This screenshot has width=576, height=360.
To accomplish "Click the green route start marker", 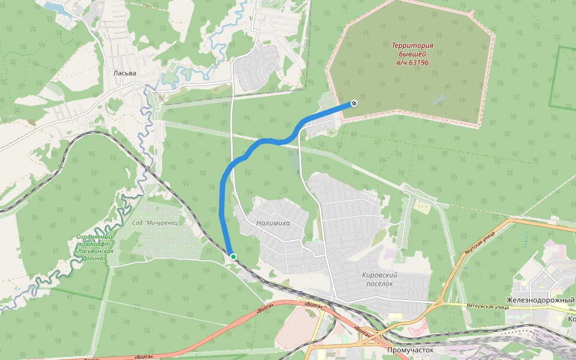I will click(233, 257).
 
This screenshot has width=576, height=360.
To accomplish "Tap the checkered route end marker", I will click(354, 103).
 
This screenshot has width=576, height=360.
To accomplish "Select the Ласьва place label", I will click(125, 73).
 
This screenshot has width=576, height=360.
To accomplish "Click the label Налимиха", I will click(272, 223).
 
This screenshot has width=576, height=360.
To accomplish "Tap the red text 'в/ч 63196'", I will click(412, 62).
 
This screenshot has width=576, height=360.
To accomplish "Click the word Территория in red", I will click(412, 45).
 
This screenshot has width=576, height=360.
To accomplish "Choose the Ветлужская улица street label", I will click(484, 306).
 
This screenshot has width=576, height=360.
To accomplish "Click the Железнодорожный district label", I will click(541, 300).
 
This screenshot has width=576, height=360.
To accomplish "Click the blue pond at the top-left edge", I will click(55, 7).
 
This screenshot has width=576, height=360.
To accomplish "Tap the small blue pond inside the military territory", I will click(440, 99).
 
